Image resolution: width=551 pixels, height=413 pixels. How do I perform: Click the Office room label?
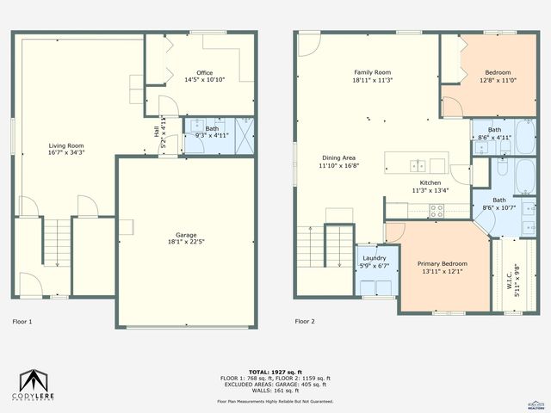point(204,72)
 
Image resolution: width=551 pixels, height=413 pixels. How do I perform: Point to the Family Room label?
point(373,72)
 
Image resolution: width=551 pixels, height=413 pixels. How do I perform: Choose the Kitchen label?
point(430,183)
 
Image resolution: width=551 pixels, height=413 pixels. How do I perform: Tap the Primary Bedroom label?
point(442,264)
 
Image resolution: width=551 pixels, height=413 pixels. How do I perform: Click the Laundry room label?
point(375,258)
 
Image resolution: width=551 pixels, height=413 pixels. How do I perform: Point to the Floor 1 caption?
point(22,322)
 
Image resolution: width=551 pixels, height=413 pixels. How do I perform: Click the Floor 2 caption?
point(305,322)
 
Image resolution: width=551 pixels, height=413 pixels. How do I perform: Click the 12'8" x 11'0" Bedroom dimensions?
point(497,80)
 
